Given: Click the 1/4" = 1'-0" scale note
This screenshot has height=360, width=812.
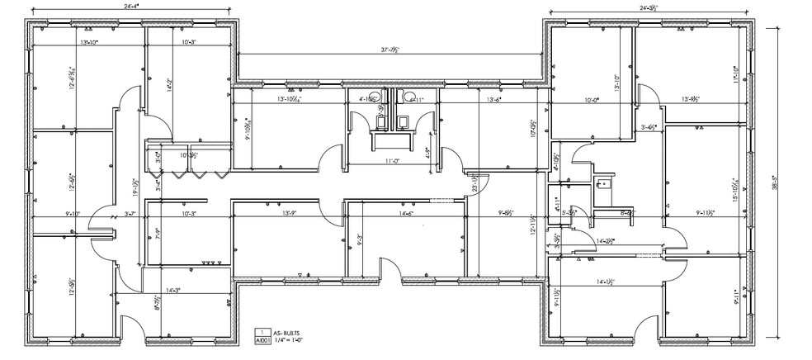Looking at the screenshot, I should pos(285,339).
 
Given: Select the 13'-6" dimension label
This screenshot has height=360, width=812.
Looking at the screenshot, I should pos(494,99).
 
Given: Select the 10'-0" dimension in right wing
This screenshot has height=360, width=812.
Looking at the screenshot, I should pos(591,100).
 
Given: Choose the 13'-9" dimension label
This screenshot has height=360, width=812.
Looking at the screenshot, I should pos(289,214).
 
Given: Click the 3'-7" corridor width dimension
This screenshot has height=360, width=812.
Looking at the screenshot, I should pos(129,214).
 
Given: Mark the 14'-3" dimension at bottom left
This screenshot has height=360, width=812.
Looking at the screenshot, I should pos(173,290).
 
